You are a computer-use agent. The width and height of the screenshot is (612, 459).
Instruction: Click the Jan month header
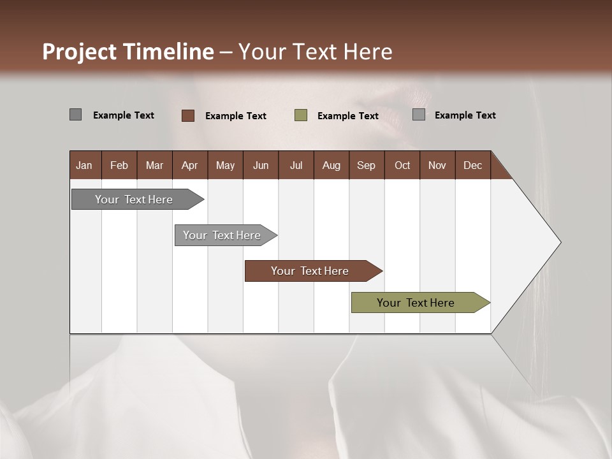[85, 165]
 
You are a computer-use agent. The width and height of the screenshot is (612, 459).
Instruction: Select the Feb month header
[119, 165]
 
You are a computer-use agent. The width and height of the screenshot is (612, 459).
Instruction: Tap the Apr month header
[189, 165]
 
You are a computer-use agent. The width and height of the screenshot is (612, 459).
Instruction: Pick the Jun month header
[261, 165]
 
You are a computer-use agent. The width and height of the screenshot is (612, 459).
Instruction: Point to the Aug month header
[331, 165]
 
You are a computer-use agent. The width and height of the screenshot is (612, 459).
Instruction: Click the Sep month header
[367, 165]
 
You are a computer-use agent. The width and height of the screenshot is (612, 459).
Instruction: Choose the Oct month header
[402, 165]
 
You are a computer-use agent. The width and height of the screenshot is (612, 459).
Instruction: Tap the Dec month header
[473, 165]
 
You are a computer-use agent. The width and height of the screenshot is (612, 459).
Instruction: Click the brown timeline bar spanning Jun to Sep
[310, 271]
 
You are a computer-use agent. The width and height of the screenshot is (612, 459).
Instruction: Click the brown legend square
[188, 115]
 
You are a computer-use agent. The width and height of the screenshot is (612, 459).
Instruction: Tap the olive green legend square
[301, 115]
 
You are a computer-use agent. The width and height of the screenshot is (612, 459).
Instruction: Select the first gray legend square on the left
[75, 115]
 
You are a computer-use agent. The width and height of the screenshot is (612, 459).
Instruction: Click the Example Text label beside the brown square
[236, 116]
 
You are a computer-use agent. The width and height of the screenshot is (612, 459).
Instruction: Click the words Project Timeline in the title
[128, 52]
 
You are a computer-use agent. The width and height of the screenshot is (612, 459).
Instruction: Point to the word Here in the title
[368, 52]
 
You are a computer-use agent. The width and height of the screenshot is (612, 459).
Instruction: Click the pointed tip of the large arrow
[559, 242]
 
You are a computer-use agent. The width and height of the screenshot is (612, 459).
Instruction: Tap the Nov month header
[437, 165]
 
